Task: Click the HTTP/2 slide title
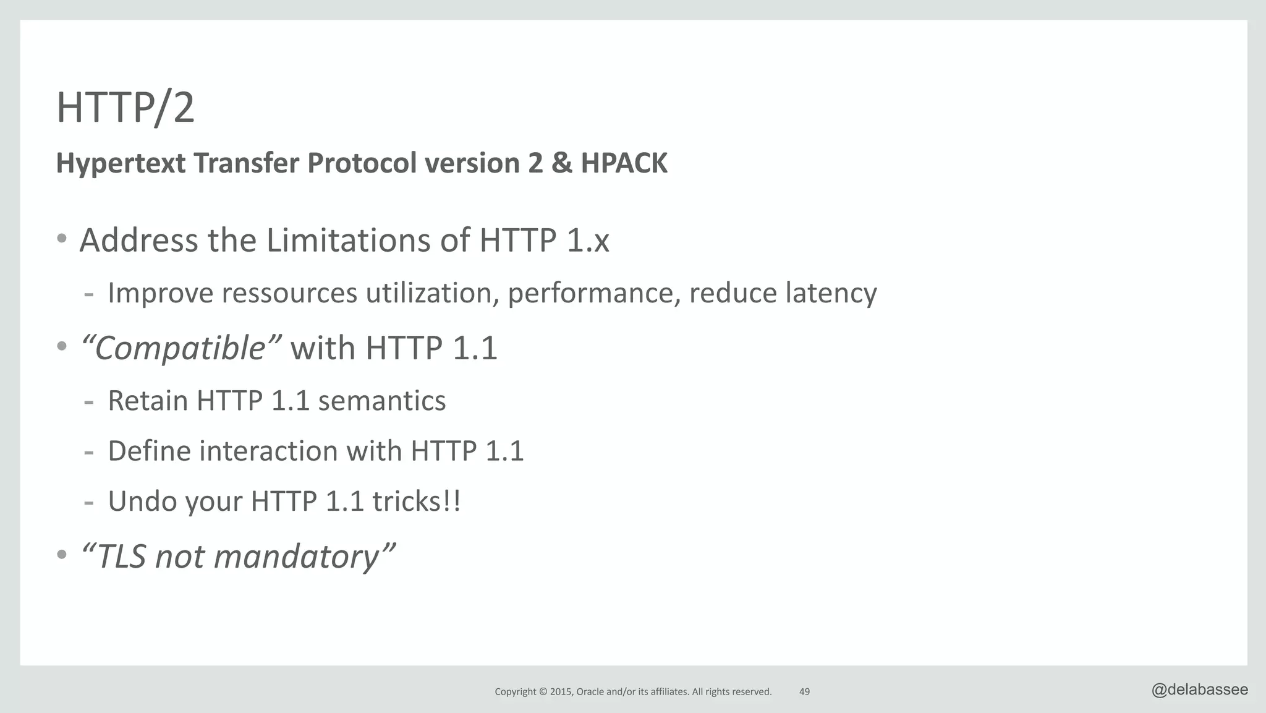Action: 125,108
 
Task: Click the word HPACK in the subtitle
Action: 624,163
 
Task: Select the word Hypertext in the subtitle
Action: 121,163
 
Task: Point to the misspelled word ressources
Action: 289,293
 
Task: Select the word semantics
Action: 381,401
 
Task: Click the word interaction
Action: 268,451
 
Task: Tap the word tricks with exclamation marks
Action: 416,502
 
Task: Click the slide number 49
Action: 804,692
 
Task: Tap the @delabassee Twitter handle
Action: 1199,690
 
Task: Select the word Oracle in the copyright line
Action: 590,692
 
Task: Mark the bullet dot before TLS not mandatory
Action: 62,555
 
